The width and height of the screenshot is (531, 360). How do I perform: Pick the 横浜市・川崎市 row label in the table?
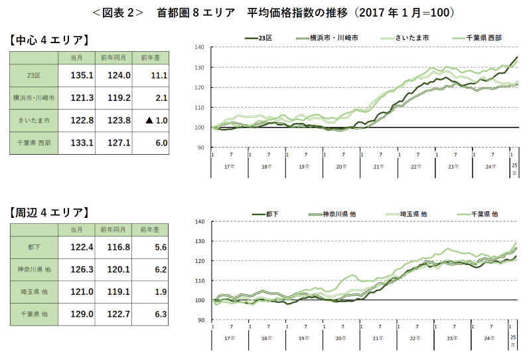click(x=33, y=98)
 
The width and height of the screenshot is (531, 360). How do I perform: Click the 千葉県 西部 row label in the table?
click(x=34, y=142)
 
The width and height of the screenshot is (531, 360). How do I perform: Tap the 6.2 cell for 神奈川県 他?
click(x=159, y=270)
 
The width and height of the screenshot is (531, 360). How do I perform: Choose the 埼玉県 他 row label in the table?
click(x=34, y=292)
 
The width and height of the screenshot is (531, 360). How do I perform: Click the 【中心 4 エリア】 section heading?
click(x=49, y=39)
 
